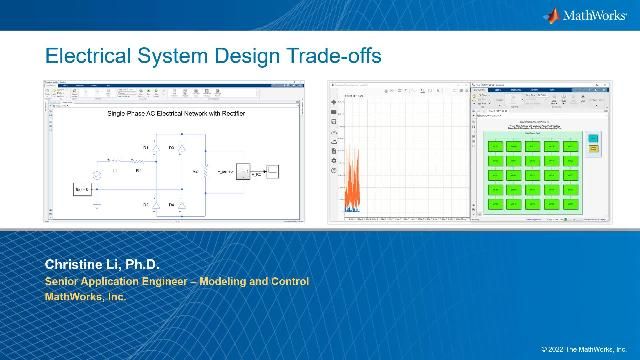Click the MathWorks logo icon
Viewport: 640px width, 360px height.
(x=551, y=15)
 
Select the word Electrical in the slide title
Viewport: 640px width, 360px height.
(x=90, y=56)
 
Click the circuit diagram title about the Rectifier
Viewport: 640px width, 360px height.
(x=176, y=113)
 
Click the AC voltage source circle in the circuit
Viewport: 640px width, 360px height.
(x=97, y=175)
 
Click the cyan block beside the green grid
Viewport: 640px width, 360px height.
(x=592, y=138)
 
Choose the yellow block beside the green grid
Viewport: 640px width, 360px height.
(x=592, y=148)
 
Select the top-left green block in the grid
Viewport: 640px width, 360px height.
(x=494, y=146)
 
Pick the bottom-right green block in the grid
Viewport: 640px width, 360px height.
(x=570, y=204)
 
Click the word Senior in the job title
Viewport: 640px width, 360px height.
(x=64, y=281)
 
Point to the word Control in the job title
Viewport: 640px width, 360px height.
(x=287, y=281)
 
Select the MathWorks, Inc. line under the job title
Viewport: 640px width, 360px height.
(x=85, y=296)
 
